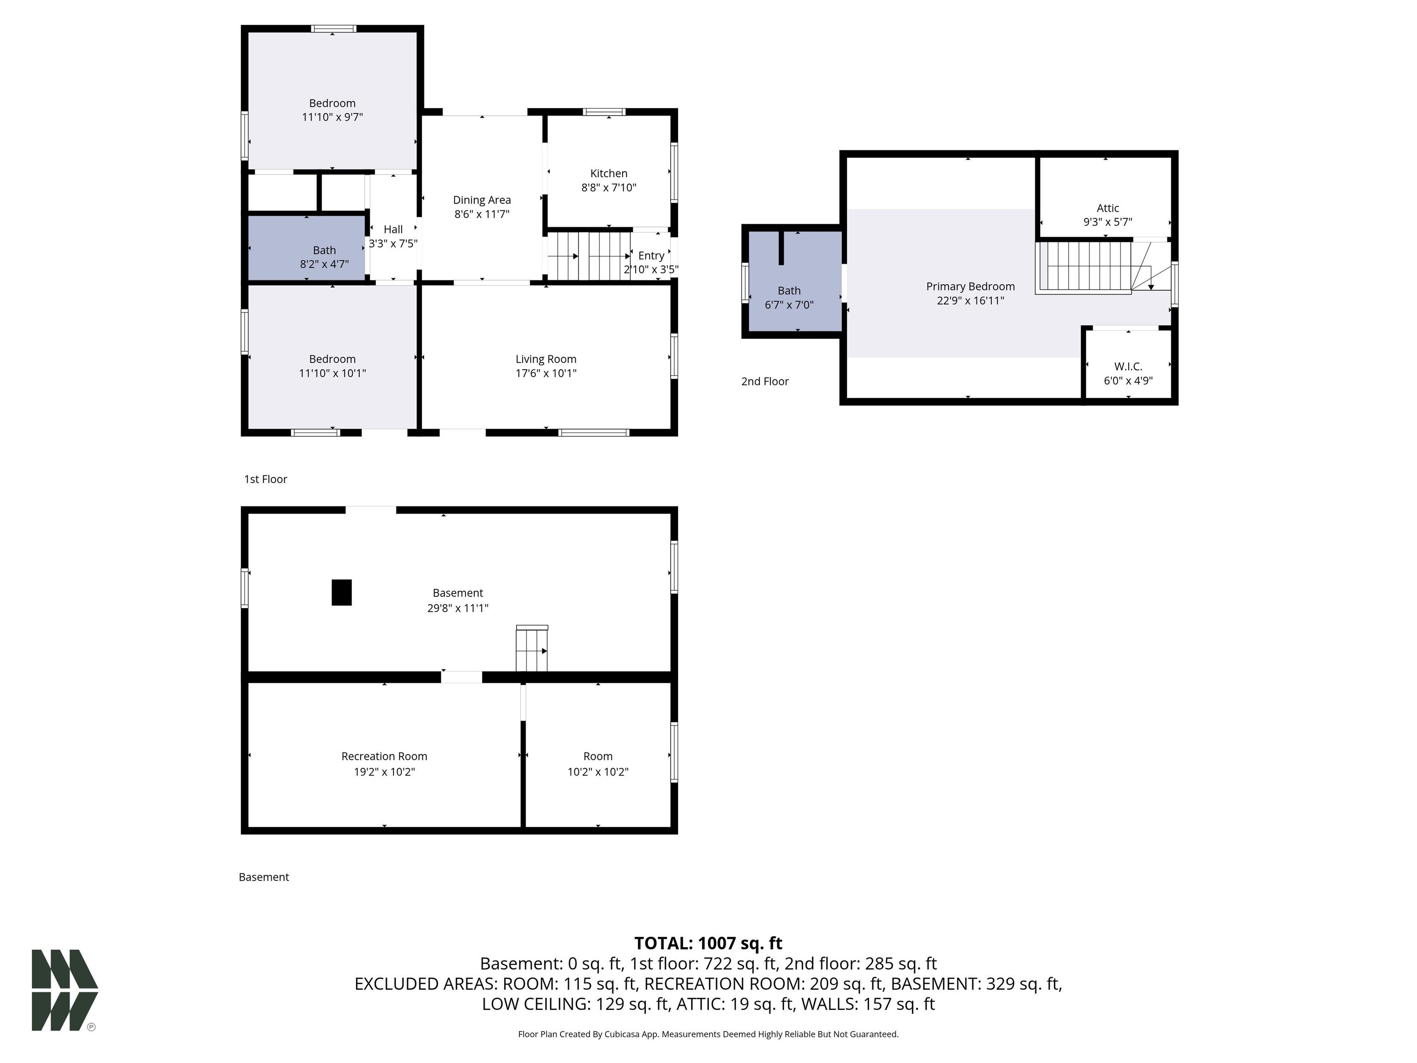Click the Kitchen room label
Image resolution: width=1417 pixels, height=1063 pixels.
(x=608, y=173)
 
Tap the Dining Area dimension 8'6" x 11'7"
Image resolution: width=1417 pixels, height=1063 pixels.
(x=482, y=214)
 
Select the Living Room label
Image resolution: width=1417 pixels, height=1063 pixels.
(x=546, y=359)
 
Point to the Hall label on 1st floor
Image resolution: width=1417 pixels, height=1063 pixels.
(x=393, y=229)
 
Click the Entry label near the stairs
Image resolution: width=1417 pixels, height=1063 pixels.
(x=651, y=256)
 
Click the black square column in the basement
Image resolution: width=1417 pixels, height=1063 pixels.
(x=341, y=592)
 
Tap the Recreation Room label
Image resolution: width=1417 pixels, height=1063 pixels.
(x=384, y=756)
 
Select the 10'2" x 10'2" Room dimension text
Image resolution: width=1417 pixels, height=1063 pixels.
(x=598, y=772)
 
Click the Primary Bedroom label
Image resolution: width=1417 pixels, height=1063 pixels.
(x=970, y=287)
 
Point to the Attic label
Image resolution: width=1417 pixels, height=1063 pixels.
(x=1107, y=208)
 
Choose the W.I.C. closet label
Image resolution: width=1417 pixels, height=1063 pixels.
(x=1128, y=366)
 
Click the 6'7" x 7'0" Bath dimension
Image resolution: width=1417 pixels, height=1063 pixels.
(x=789, y=305)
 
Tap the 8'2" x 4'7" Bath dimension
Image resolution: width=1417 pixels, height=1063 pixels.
(x=324, y=264)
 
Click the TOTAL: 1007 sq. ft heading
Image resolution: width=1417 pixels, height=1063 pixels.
(x=708, y=943)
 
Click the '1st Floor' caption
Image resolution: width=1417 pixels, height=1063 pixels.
(x=265, y=479)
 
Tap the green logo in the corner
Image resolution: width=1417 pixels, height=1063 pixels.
(x=65, y=990)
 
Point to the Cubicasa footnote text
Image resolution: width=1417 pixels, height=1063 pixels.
(x=708, y=1034)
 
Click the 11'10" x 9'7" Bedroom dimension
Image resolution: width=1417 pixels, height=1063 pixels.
(x=333, y=117)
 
